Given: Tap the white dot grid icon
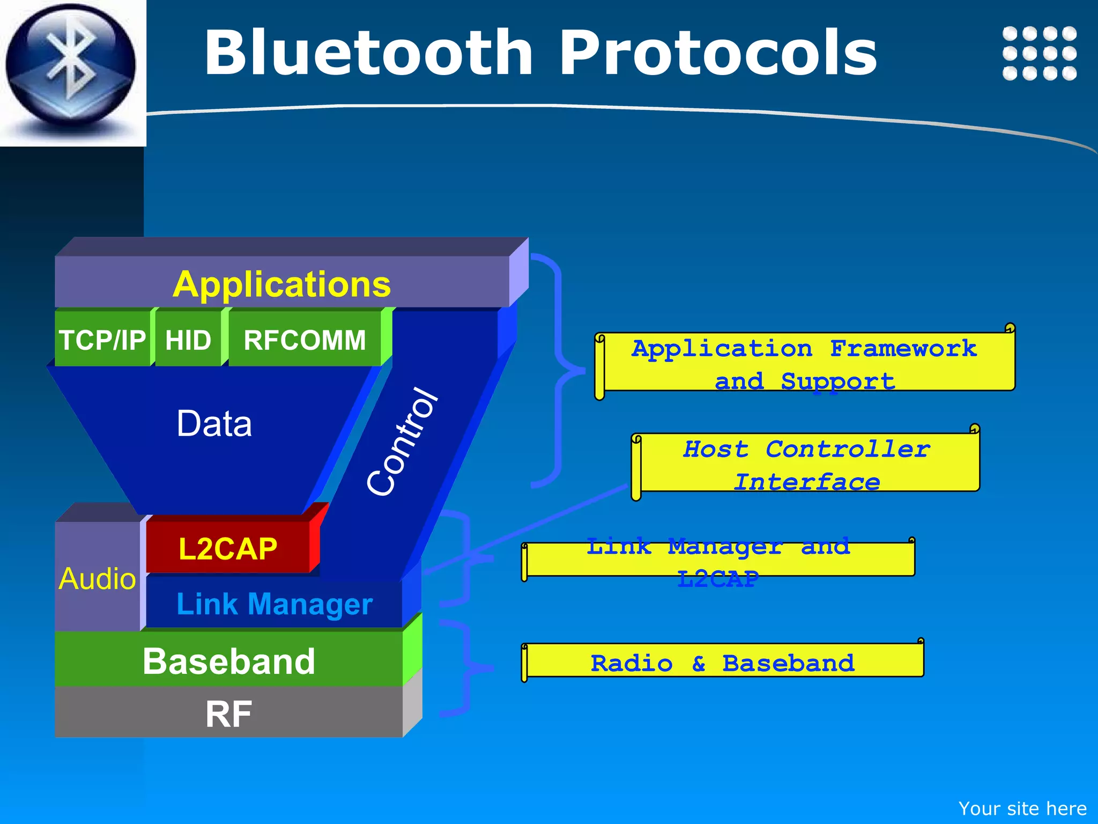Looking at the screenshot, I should [1039, 53].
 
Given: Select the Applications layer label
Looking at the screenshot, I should [281, 284].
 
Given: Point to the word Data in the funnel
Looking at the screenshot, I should [214, 424].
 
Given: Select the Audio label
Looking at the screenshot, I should [97, 579].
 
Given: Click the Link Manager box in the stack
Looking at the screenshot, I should [274, 604].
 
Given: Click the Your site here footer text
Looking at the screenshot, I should [1022, 808].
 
